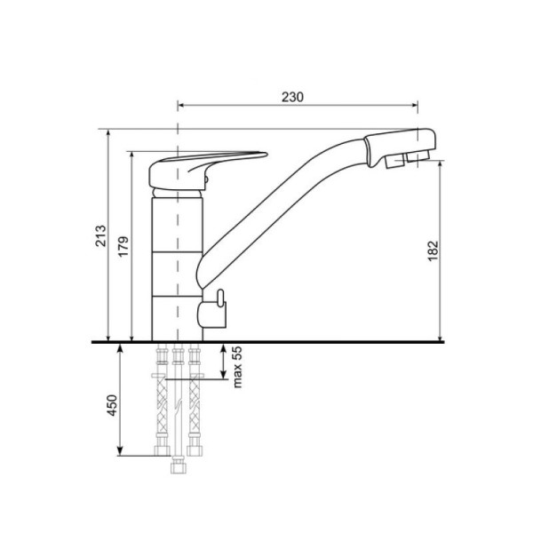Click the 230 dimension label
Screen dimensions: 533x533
(292, 97)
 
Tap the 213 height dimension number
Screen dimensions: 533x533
(100, 235)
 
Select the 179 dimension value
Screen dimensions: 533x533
(123, 246)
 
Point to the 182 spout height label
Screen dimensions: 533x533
(433, 251)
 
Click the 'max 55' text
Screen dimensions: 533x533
(237, 367)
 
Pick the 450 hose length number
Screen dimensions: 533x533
(112, 405)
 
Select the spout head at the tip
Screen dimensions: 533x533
(400, 147)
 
